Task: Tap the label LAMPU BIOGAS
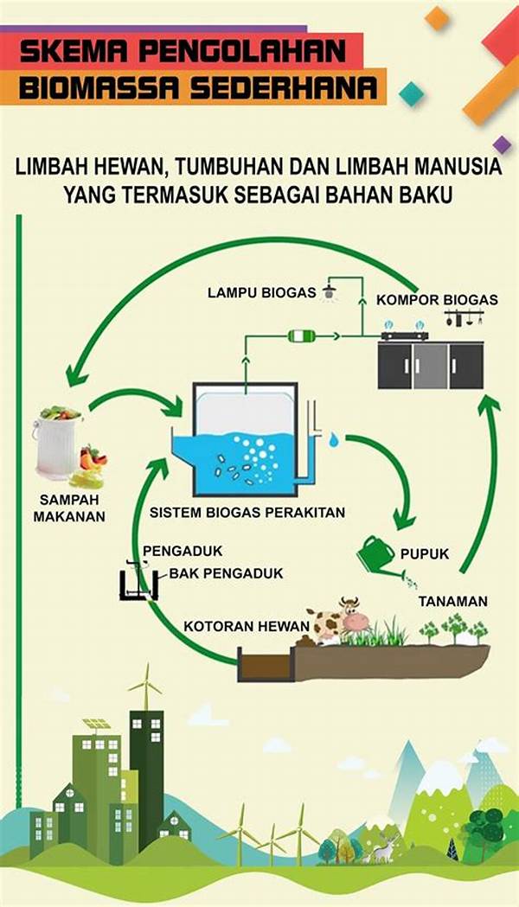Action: click(261, 292)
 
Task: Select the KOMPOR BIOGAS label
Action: click(437, 300)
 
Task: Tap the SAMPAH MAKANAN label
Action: click(72, 508)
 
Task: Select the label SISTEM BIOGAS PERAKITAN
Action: click(247, 513)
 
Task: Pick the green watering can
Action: click(377, 551)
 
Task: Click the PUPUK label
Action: click(425, 554)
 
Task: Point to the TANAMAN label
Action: click(453, 601)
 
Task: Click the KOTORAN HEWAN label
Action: click(234, 627)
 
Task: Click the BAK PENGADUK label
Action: click(226, 573)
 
